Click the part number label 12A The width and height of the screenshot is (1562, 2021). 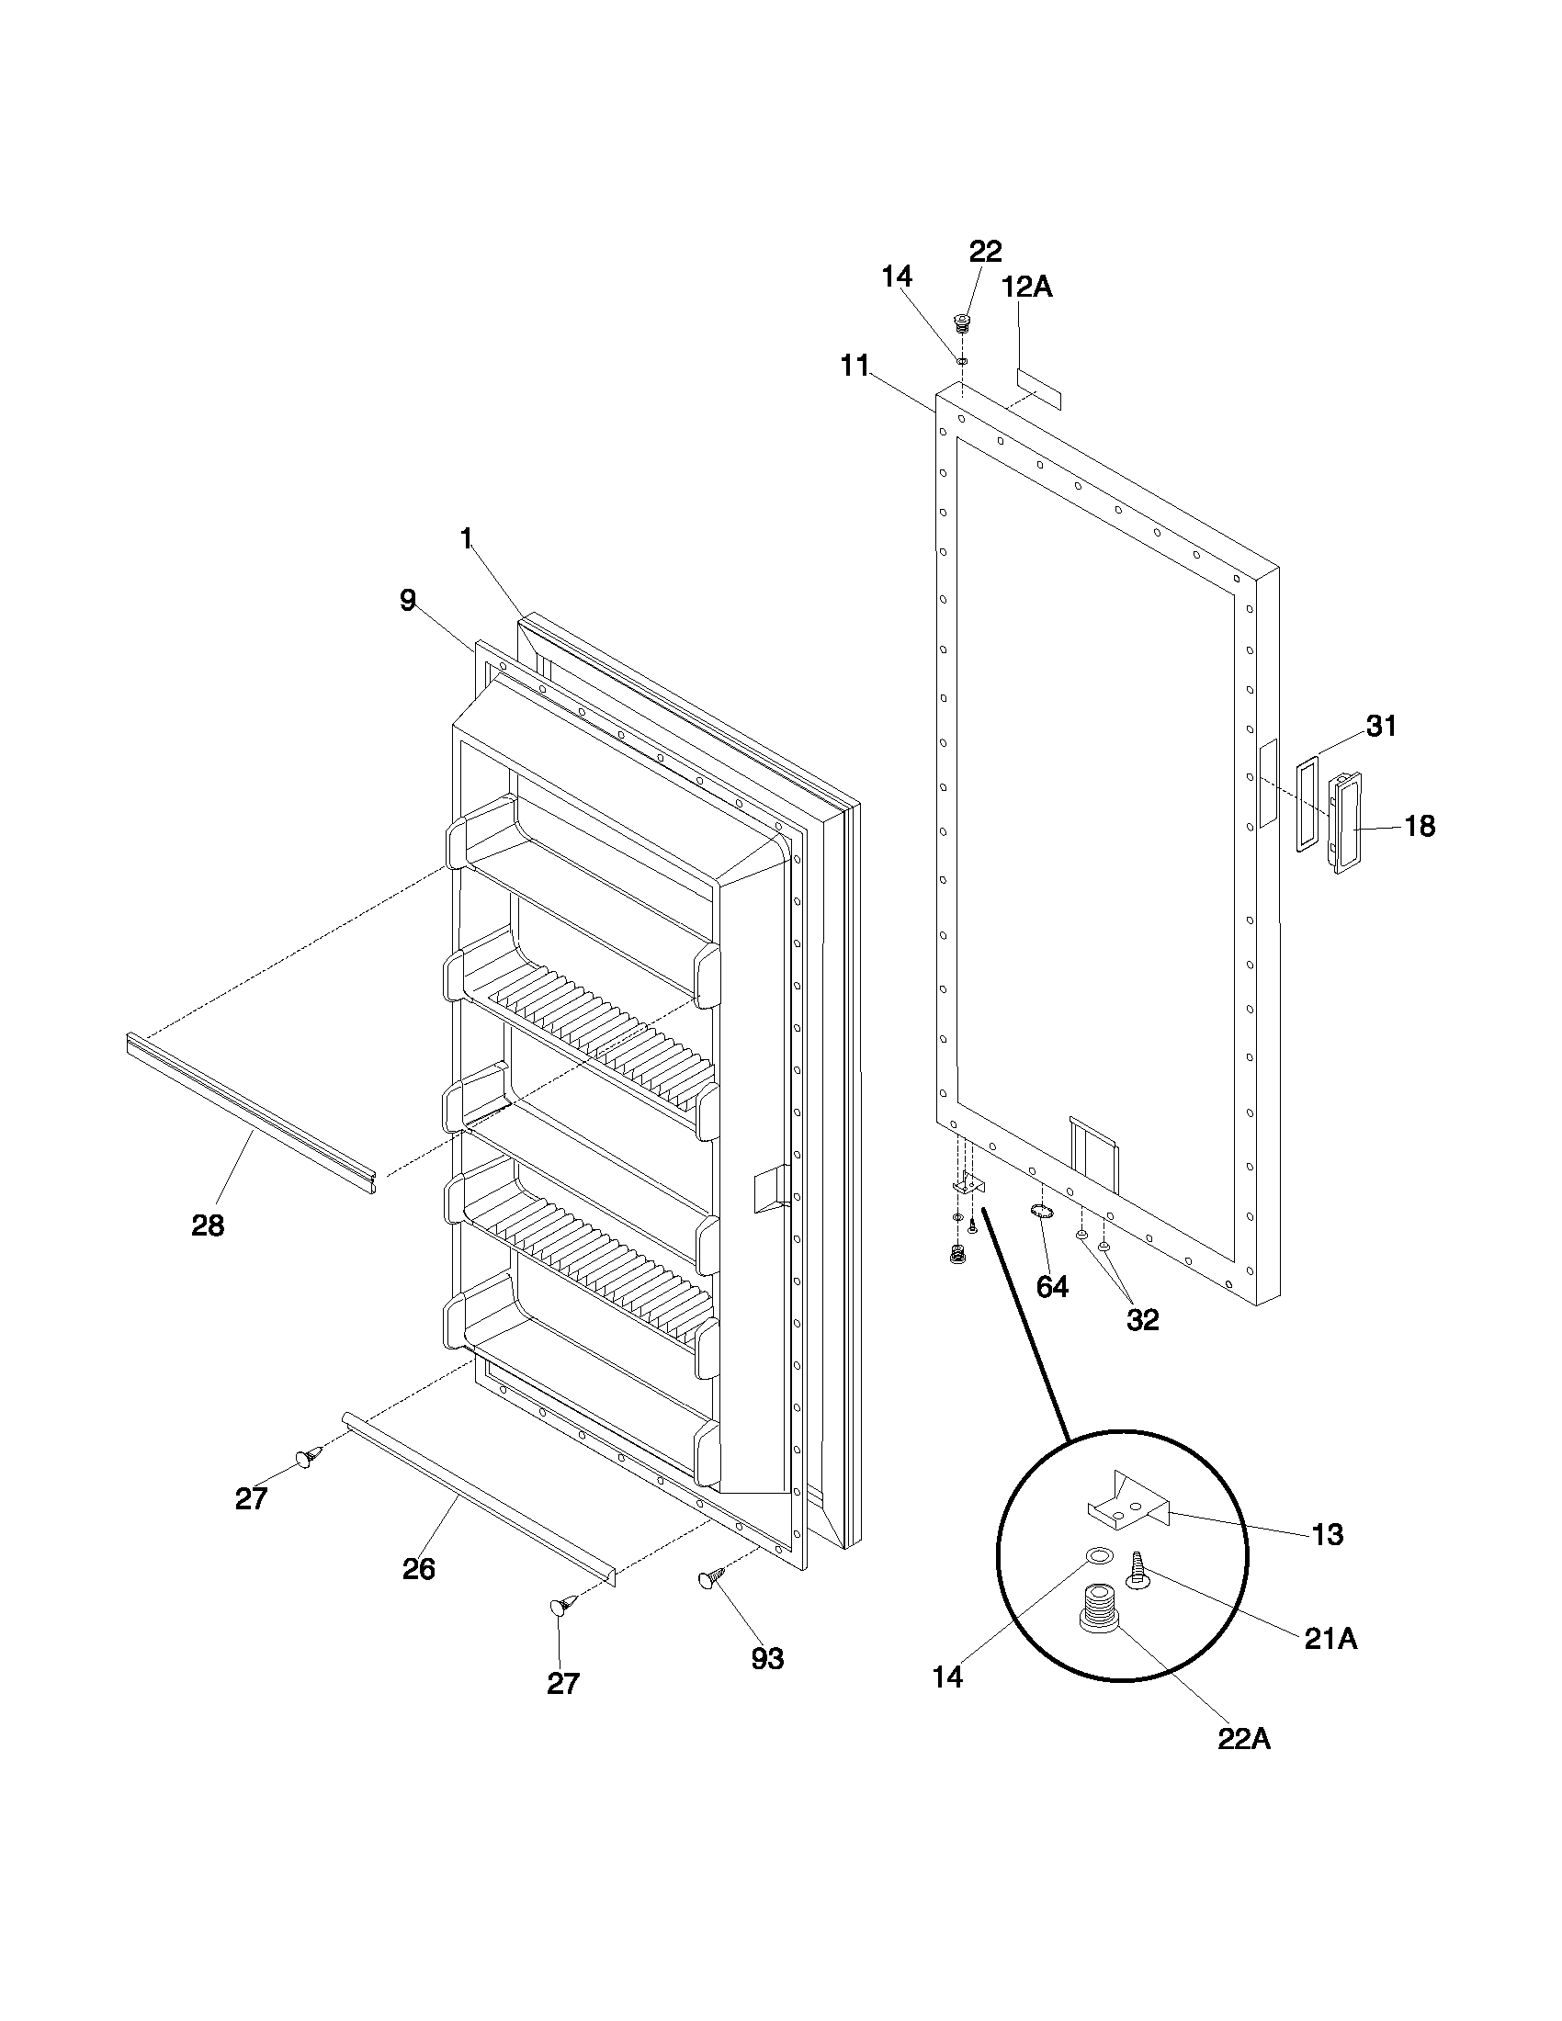(1027, 287)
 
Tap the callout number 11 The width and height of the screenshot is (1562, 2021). (855, 367)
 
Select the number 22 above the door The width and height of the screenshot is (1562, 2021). (985, 251)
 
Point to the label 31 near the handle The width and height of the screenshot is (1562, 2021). (1381, 727)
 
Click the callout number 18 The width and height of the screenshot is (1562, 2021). (1420, 826)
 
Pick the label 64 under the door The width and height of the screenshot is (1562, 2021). (1052, 1286)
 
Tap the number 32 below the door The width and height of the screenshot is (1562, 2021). (1142, 1319)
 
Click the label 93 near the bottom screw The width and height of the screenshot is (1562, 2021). (767, 1659)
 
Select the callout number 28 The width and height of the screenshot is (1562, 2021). (208, 1225)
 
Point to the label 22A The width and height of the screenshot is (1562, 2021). (1244, 1739)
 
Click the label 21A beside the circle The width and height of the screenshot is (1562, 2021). (1330, 1639)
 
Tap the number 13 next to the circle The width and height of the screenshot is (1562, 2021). (1327, 1534)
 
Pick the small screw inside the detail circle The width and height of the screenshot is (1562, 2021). (1137, 1573)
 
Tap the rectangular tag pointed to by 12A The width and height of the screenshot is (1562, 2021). (1039, 389)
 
